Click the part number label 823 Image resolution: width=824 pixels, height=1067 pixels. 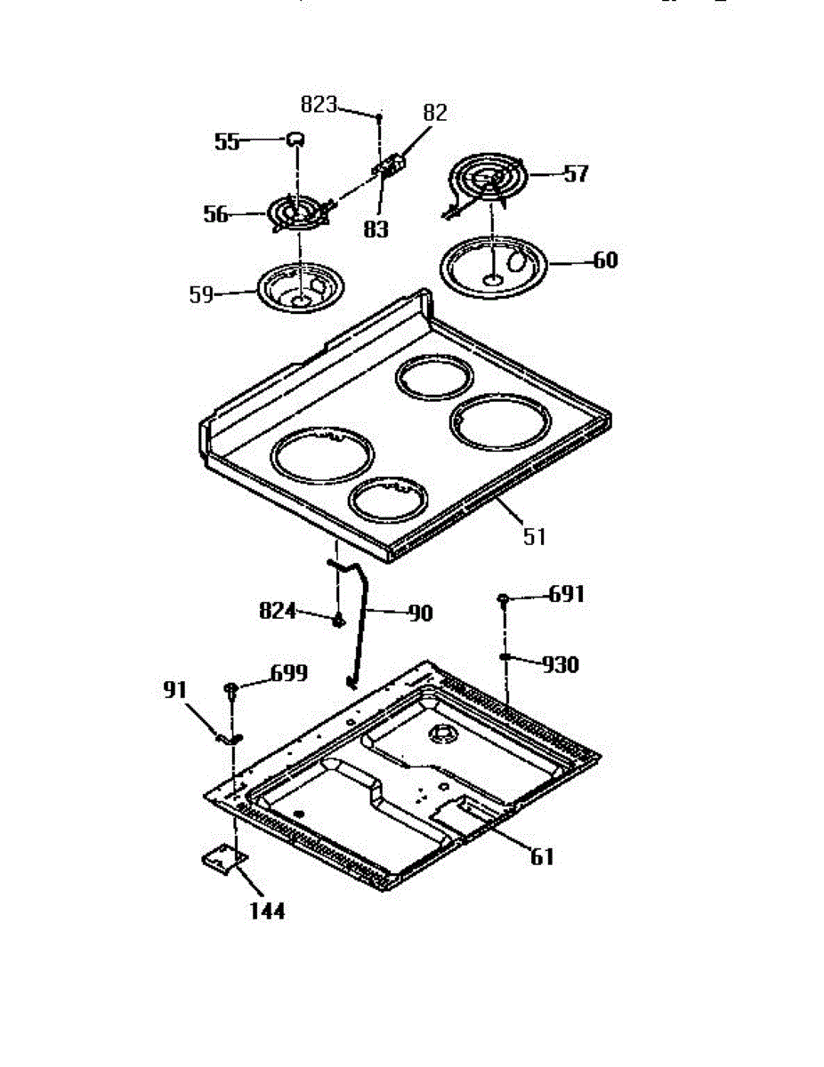[x=318, y=105]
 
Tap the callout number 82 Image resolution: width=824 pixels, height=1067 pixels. [x=435, y=113]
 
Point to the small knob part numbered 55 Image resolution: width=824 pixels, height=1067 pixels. [x=294, y=137]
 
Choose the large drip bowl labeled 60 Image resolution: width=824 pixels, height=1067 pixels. [x=492, y=261]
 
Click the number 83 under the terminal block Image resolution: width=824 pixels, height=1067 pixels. [x=376, y=229]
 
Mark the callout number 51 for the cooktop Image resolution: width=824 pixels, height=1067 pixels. [x=534, y=537]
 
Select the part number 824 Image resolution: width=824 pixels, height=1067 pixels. [x=277, y=611]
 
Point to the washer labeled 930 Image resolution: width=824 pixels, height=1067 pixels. [x=504, y=658]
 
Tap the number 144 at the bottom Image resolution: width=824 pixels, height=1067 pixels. [x=267, y=911]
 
